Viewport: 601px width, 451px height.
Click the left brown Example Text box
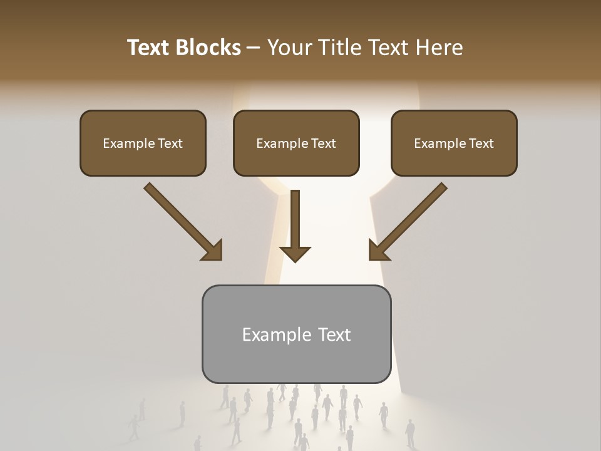(x=143, y=143)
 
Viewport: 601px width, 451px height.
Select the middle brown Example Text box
(x=296, y=143)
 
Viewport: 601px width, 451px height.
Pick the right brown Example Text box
(x=454, y=143)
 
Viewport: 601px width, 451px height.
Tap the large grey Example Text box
(x=296, y=334)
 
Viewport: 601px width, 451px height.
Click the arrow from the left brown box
(x=178, y=217)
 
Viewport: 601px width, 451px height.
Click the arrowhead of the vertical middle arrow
(x=295, y=253)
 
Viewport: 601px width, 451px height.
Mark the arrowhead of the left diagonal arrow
(x=213, y=251)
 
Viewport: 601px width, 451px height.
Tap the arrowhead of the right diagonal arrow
(x=378, y=251)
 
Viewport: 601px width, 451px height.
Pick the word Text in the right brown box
(x=481, y=143)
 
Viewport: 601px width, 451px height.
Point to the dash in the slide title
(x=254, y=48)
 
